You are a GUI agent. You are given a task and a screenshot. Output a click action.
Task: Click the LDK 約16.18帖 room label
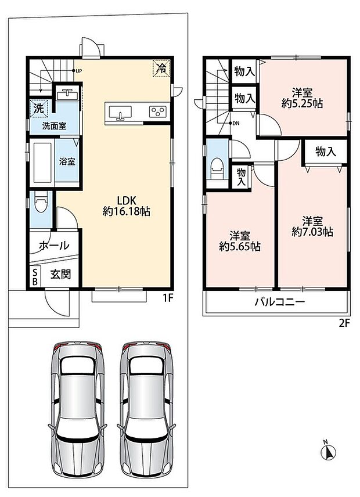(x=127, y=206)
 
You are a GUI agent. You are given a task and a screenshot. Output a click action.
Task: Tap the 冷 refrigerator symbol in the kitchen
(x=161, y=68)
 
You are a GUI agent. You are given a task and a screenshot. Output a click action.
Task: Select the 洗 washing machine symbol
(x=39, y=109)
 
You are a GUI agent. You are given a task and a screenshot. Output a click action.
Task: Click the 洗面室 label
(x=54, y=126)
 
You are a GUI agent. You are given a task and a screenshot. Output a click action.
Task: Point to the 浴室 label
(x=67, y=161)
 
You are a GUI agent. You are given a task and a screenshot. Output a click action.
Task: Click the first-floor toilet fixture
(x=41, y=201)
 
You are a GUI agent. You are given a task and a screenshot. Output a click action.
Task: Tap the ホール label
(x=54, y=245)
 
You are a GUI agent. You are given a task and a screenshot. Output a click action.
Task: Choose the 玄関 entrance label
(x=60, y=274)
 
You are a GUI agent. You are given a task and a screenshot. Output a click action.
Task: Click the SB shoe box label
(x=35, y=276)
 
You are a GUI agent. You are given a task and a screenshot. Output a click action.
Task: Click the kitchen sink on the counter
(x=120, y=113)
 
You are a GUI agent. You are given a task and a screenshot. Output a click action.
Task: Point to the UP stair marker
(x=77, y=71)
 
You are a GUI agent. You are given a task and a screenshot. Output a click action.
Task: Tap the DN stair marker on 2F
(x=234, y=123)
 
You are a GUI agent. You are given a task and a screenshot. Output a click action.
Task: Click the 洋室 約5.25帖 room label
(x=302, y=98)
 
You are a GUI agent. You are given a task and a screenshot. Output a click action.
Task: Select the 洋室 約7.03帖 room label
(x=312, y=226)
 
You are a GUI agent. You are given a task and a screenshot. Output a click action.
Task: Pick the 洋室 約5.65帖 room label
(x=240, y=241)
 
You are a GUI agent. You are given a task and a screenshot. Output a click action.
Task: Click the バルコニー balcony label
(x=279, y=301)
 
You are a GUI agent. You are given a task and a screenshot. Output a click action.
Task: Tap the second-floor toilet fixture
(x=217, y=167)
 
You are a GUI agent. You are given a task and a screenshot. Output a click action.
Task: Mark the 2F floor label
(x=344, y=323)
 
